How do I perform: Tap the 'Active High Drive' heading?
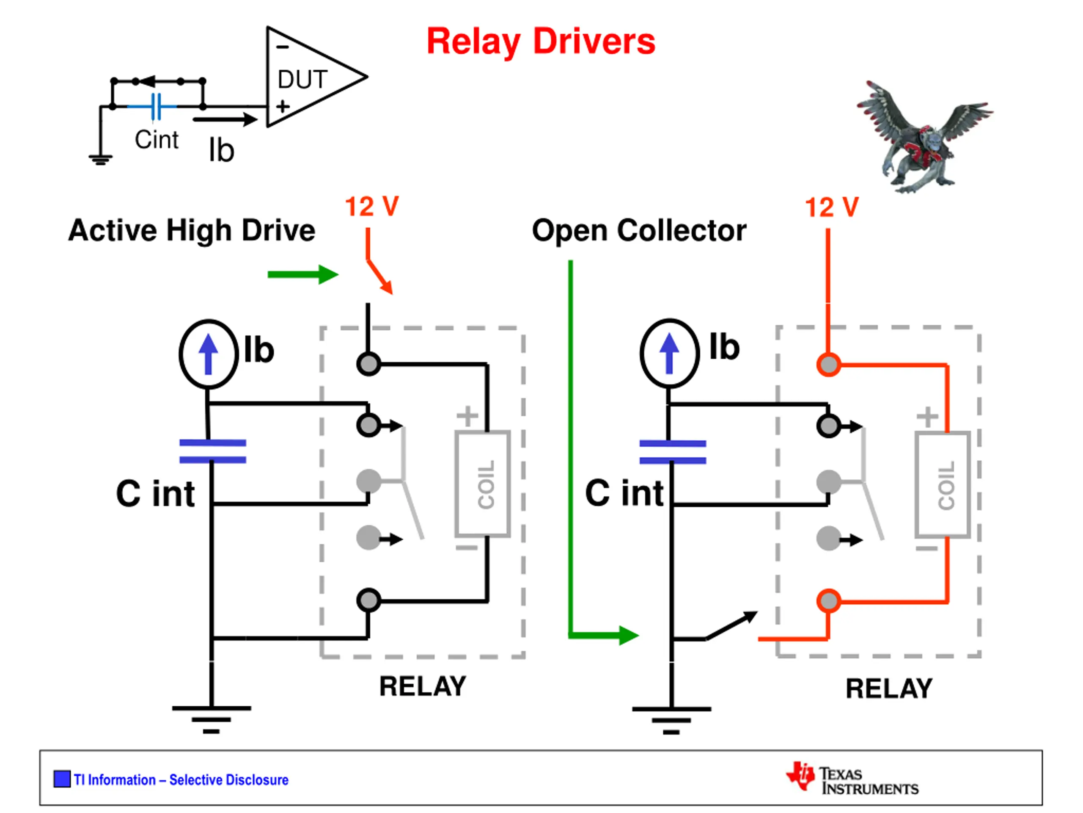[x=192, y=230]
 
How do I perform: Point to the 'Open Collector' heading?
[x=639, y=230]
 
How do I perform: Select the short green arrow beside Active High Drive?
[x=303, y=274]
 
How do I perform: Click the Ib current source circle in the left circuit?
[x=209, y=354]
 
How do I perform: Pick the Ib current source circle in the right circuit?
[x=669, y=353]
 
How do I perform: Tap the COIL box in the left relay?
[x=483, y=484]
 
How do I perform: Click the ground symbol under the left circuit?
[x=212, y=719]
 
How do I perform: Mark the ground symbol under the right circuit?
[x=671, y=720]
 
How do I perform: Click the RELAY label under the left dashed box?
[x=423, y=686]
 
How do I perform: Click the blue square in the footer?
[x=62, y=779]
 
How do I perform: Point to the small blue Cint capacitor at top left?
[x=156, y=106]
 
